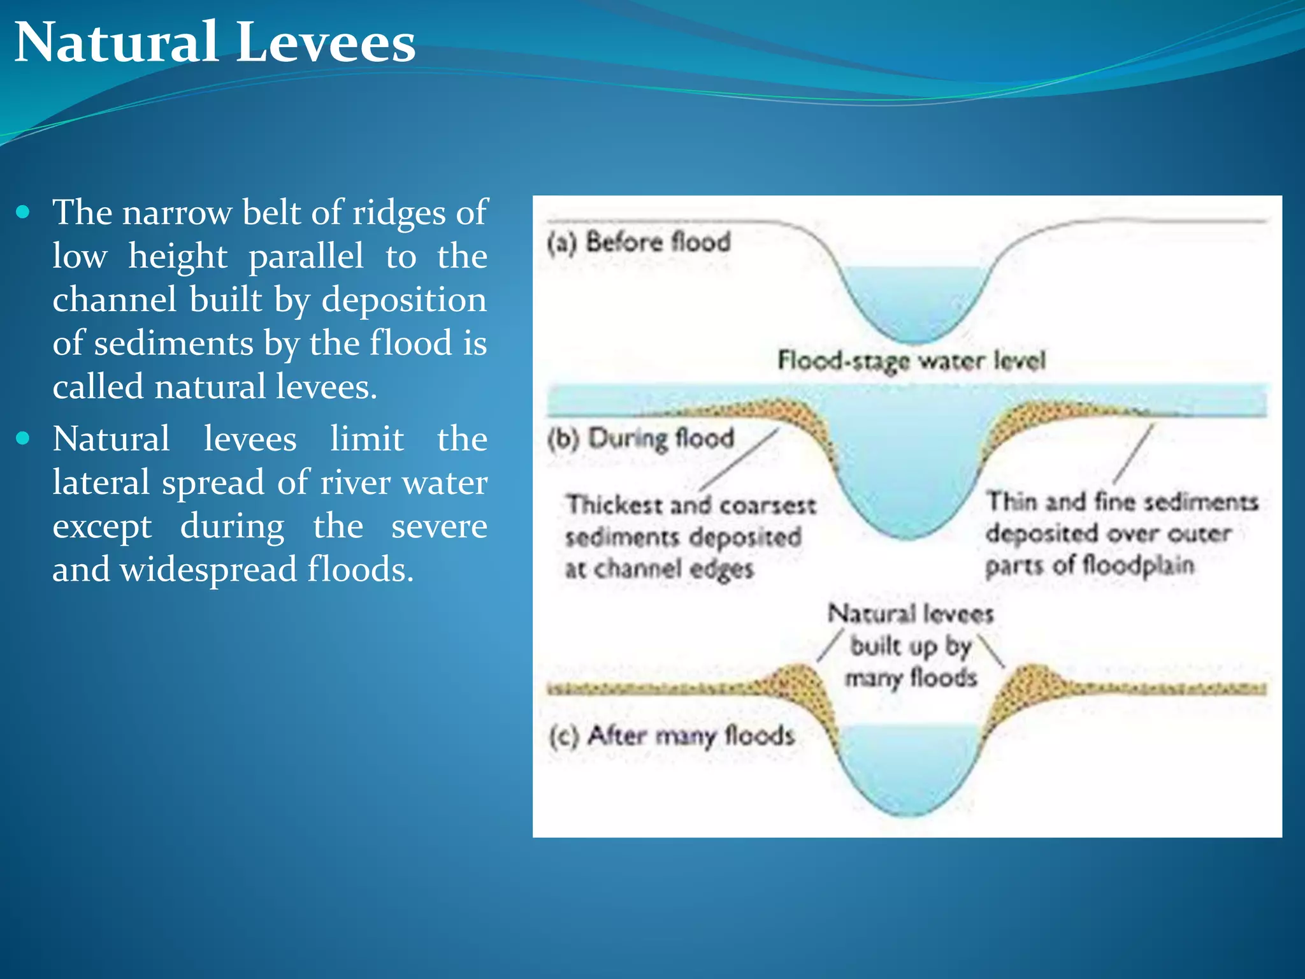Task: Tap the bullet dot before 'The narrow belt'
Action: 24,212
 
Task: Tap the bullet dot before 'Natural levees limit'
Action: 24,439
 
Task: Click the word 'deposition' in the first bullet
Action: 403,300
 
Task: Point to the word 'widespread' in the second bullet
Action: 208,569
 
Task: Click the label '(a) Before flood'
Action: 639,243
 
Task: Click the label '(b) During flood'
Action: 641,439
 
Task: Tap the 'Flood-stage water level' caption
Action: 911,361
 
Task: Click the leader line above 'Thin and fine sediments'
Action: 1133,454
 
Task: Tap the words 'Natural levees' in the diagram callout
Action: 911,614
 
